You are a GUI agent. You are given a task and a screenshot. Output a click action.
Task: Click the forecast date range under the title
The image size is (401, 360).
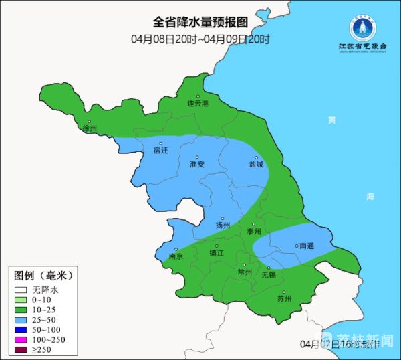pyautogui.click(x=200, y=39)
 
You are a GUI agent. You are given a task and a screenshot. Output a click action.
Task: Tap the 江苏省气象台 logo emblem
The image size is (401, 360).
pyautogui.click(x=362, y=26)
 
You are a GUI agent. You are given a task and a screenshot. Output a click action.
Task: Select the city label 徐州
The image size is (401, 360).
pyautogui.click(x=89, y=128)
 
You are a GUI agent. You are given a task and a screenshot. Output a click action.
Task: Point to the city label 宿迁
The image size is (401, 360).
pyautogui.click(x=160, y=151)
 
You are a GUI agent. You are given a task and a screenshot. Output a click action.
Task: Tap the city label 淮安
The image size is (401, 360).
pyautogui.click(x=196, y=164)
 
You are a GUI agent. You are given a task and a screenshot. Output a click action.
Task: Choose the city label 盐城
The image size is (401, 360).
pyautogui.click(x=256, y=164)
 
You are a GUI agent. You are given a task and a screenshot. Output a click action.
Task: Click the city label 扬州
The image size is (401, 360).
pyautogui.click(x=223, y=226)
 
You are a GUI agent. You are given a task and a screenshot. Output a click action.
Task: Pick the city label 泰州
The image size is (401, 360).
pyautogui.click(x=253, y=232)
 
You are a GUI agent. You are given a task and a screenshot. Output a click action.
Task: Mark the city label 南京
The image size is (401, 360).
pyautogui.click(x=176, y=256)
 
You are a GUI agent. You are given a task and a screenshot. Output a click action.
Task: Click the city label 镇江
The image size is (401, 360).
pyautogui.click(x=217, y=253)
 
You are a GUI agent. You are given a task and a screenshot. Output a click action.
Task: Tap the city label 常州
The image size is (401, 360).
pyautogui.click(x=245, y=272)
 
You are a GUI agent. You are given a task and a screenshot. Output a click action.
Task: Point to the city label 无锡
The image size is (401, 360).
pyautogui.click(x=268, y=275)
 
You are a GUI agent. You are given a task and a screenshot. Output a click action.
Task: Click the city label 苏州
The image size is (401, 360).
pyautogui.click(x=284, y=299)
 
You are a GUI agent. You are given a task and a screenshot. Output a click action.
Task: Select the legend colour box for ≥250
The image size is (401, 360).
pyautogui.click(x=21, y=350)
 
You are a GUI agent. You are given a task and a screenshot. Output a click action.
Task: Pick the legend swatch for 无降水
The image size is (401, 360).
pyautogui.click(x=21, y=290)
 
